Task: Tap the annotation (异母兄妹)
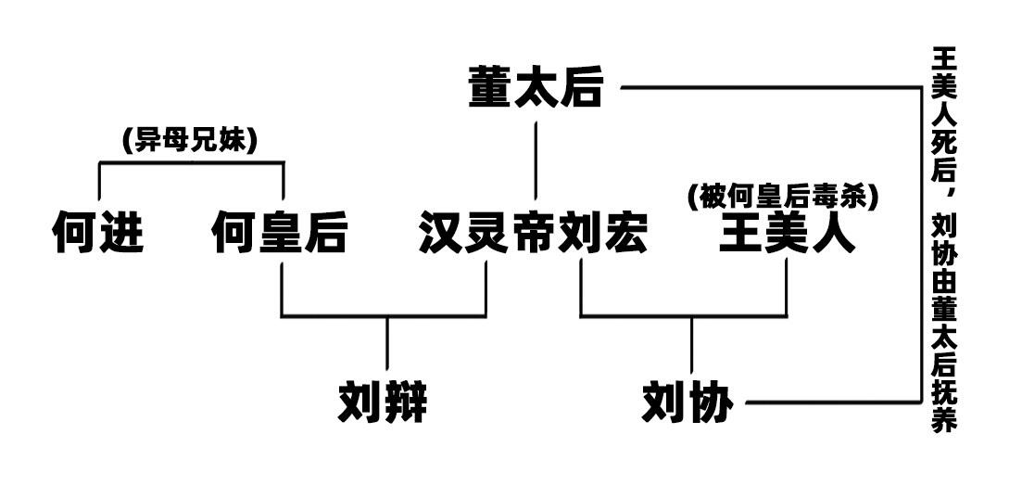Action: pos(190,142)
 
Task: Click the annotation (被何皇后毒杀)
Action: pos(784,195)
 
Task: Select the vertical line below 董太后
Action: pos(536,160)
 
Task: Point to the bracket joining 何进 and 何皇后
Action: pos(191,162)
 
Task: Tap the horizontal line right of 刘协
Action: pos(834,402)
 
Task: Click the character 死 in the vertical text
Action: pos(943,140)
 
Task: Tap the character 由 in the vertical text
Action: pos(943,282)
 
